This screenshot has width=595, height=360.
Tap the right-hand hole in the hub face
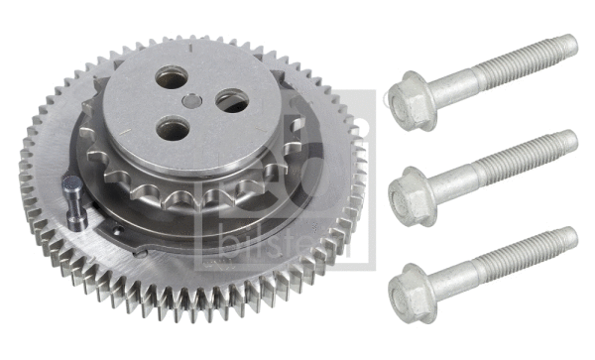point(231,100)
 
